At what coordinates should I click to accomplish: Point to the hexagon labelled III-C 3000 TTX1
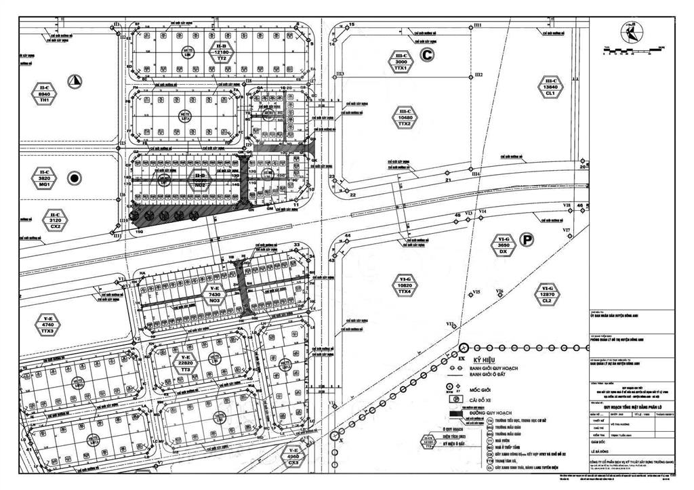point(401,62)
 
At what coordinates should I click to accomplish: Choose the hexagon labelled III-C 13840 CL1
point(550,87)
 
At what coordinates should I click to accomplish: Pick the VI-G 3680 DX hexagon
point(503,245)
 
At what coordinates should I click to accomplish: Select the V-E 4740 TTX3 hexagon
point(47,326)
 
